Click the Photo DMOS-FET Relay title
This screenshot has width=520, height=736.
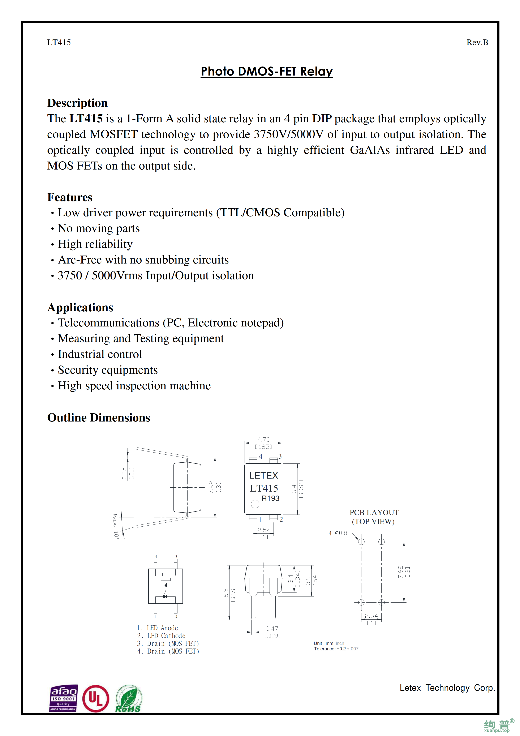267,71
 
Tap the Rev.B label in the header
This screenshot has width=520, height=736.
477,42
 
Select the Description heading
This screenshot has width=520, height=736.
77,103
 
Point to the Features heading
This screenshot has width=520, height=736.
70,197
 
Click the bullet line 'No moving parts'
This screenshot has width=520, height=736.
98,228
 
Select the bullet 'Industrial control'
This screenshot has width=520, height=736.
100,354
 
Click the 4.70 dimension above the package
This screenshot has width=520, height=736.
263,440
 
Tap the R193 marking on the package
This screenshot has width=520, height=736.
270,498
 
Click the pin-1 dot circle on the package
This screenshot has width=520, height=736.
255,504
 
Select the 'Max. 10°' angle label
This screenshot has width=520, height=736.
116,526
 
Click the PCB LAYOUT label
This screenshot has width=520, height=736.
374,513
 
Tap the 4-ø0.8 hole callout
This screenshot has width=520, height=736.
338,533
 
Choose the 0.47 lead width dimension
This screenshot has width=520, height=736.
272,629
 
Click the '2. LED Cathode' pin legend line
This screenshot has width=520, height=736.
161,636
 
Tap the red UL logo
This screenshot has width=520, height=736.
95,698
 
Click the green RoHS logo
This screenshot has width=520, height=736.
128,699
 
